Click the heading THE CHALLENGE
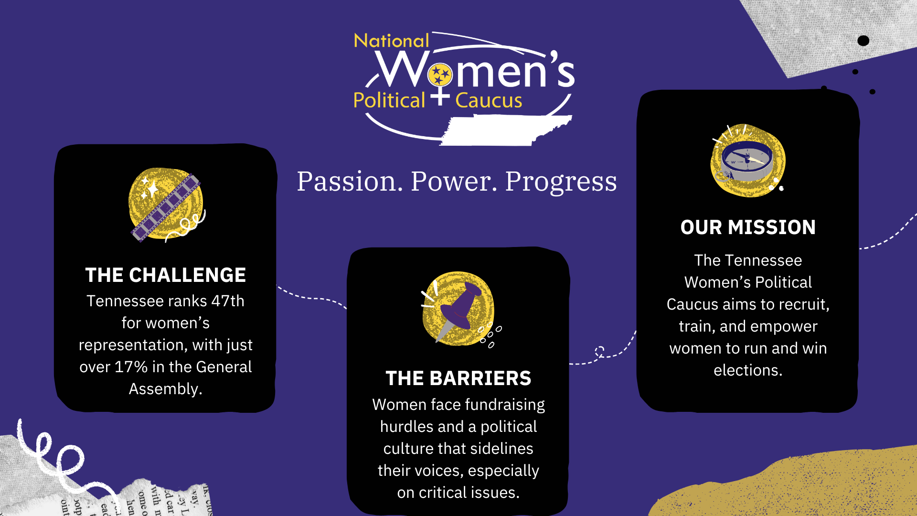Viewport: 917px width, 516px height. pos(165,275)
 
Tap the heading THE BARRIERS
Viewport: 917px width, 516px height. pos(458,378)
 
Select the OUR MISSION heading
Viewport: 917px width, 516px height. pos(748,227)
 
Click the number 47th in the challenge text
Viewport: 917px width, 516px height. pos(228,301)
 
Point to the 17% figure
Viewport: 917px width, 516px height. pos(131,367)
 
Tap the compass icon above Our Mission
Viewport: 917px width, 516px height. pos(747,161)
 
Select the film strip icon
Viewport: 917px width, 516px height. pos(166,207)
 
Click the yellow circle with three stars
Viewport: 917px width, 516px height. pos(440,75)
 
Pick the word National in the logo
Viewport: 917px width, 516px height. pos(391,41)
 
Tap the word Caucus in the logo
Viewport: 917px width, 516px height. pos(489,101)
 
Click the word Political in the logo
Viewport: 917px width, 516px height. pos(389,101)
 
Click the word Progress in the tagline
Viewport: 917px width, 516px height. pos(561,182)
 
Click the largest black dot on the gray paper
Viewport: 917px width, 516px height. pos(863,41)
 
